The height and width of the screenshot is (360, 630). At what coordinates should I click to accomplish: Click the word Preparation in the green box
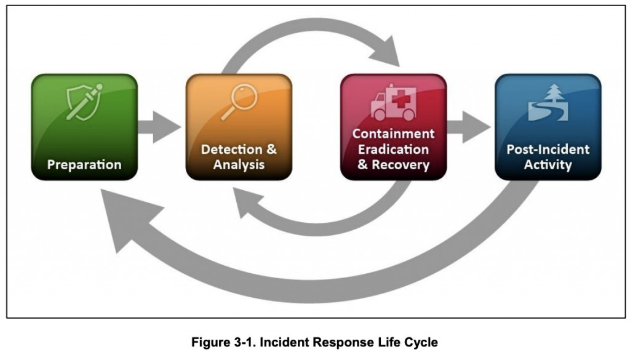84,165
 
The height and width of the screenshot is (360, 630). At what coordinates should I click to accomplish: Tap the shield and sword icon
84,102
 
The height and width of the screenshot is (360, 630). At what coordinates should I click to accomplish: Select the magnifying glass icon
239,102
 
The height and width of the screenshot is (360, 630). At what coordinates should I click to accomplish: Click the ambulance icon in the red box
393,102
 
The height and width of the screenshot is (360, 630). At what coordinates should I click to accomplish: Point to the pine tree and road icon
548,102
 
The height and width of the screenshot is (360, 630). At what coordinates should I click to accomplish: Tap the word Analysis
239,165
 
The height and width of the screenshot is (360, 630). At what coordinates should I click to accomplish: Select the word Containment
393,134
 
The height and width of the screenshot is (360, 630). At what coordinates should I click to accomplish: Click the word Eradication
393,150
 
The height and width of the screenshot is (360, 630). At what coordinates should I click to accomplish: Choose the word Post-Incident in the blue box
548,150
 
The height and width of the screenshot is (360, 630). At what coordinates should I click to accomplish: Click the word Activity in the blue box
548,165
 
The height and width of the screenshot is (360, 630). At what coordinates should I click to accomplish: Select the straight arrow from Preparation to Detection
159,127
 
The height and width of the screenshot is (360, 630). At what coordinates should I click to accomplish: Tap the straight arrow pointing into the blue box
468,127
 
